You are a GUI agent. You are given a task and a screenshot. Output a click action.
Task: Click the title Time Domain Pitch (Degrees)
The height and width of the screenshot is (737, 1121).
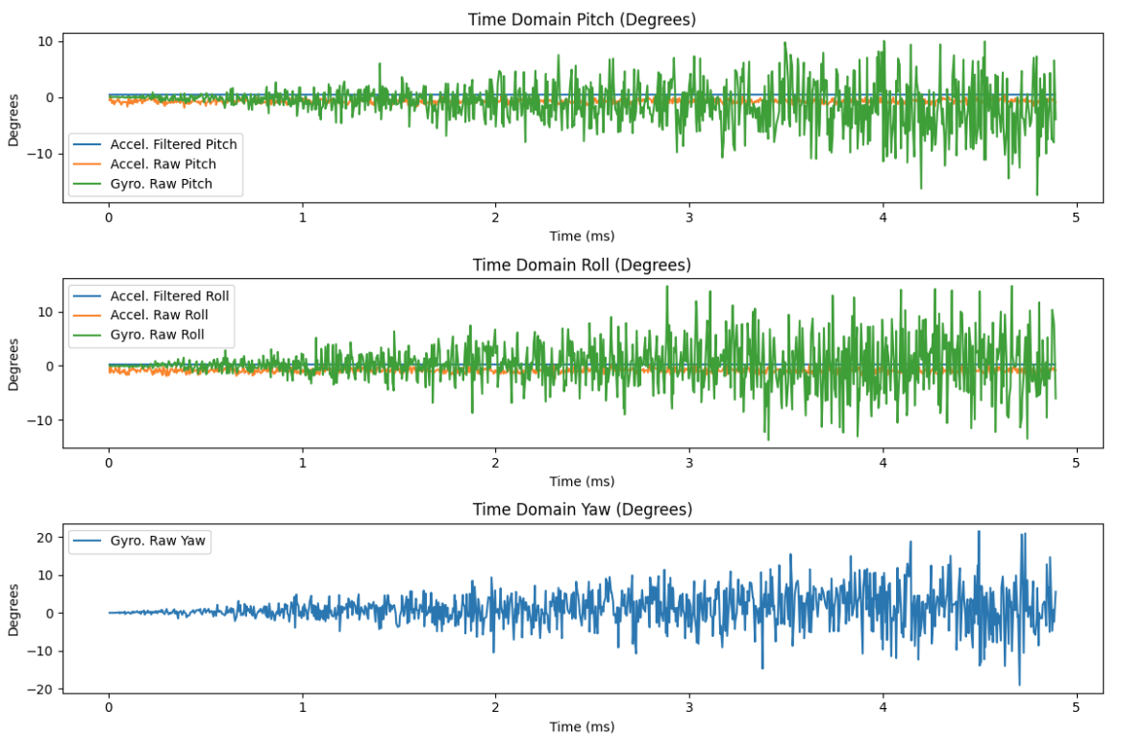pyautogui.click(x=582, y=19)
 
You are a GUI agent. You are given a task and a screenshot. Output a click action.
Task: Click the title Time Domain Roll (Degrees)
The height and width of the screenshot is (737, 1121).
pyautogui.click(x=582, y=265)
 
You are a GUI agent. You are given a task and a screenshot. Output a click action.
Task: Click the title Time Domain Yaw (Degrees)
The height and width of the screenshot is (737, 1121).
pyautogui.click(x=582, y=509)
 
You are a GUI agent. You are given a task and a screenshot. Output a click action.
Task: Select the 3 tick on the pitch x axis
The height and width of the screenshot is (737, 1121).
pyautogui.click(x=689, y=216)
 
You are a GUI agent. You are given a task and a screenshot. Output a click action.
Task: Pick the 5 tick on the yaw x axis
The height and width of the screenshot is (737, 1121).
pyautogui.click(x=1077, y=707)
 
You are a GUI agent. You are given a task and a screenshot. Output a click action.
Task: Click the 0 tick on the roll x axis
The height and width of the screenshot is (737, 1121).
pyautogui.click(x=109, y=462)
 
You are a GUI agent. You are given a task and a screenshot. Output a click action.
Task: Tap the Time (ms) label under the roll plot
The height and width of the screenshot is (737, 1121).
pyautogui.click(x=582, y=481)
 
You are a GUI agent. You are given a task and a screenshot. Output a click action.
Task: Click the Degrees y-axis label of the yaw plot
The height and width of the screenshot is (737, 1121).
pyautogui.click(x=14, y=609)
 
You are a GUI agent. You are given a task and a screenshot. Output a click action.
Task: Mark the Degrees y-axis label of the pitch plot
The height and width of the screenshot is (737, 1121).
pyautogui.click(x=14, y=118)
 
